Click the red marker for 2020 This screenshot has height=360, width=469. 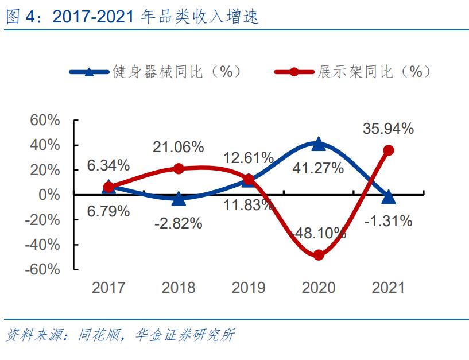[319, 255]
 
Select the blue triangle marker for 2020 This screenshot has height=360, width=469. [319, 144]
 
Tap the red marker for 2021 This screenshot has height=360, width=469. [389, 150]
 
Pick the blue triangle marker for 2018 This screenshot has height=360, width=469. [179, 199]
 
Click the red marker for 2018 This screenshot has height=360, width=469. [179, 169]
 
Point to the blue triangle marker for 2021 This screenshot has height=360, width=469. [389, 197]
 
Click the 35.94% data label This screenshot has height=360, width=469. [388, 129]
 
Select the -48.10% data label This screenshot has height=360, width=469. [319, 233]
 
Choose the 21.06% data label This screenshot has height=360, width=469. [178, 147]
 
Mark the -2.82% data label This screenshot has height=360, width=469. [178, 223]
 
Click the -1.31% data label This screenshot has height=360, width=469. [388, 220]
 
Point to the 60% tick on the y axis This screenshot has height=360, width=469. [45, 121]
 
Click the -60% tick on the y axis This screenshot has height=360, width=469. [43, 269]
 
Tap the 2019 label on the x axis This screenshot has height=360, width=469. [249, 288]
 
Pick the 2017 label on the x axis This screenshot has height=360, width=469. [108, 288]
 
